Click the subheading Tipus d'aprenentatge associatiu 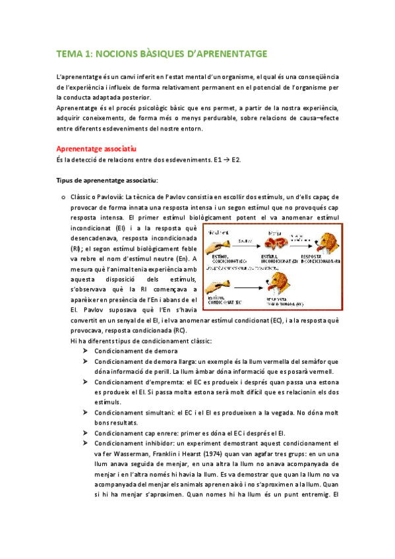pos(107,180)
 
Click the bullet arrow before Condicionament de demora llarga pos(86,361)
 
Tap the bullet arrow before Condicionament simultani pos(86,412)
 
